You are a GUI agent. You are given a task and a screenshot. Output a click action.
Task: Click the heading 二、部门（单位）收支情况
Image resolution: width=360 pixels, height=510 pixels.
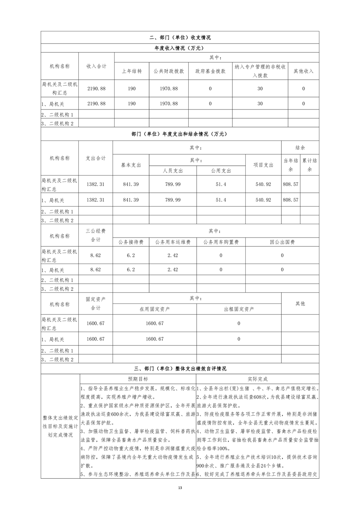(180, 37)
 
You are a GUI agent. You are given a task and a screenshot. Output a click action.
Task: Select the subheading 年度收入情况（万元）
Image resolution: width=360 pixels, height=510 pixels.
(180, 48)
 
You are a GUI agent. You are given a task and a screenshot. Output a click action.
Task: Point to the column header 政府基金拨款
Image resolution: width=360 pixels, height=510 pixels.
(210, 71)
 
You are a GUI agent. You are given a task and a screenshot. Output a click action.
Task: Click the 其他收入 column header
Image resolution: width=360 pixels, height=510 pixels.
(303, 71)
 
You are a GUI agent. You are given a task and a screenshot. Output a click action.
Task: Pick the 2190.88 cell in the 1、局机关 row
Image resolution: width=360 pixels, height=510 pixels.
(97, 103)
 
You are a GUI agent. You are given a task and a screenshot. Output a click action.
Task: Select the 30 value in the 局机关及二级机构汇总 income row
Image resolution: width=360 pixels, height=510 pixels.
(260, 89)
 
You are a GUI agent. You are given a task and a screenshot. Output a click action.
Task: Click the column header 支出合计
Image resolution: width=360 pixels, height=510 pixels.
(96, 158)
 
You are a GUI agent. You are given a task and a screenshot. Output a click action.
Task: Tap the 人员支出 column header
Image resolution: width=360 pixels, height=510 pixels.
(173, 171)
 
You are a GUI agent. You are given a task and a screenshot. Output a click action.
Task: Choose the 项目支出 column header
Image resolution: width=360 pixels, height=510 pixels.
(263, 165)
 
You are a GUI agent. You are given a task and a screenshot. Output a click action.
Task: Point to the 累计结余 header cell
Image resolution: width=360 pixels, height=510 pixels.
(309, 165)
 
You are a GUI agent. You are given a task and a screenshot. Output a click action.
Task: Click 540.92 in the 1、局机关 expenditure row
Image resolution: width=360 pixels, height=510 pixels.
(263, 200)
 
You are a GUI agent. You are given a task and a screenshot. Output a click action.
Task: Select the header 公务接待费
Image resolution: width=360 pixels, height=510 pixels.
(131, 242)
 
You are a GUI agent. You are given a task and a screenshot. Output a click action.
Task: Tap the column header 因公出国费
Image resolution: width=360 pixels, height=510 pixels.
(282, 242)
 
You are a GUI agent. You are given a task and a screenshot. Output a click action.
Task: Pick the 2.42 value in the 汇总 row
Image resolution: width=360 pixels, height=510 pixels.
(173, 255)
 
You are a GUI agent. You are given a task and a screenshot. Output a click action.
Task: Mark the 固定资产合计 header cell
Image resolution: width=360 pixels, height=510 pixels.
(96, 304)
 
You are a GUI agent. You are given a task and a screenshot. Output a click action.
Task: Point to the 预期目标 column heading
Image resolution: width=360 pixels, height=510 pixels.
(138, 379)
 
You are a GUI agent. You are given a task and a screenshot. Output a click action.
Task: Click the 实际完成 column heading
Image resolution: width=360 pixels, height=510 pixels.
(257, 379)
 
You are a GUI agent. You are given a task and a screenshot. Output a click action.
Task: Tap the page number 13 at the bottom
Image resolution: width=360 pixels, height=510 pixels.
(180, 488)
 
